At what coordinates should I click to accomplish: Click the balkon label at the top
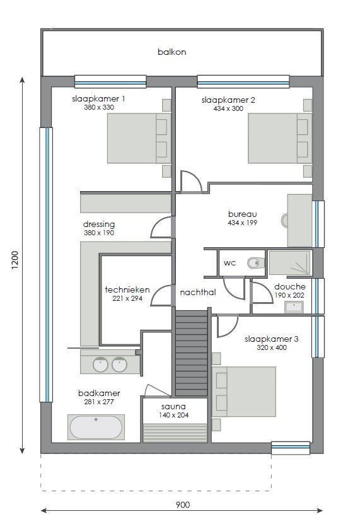pos(171,52)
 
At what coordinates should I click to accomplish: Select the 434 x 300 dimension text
pos(228,108)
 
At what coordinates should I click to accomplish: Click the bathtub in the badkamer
pos(96,427)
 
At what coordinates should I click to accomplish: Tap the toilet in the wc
pos(255,263)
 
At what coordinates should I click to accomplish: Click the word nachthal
pos(197,293)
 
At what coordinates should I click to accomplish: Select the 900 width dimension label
pos(182,505)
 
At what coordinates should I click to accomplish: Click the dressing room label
pos(99,224)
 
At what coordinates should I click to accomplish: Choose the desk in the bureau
pos(299,221)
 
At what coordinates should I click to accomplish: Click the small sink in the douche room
pos(293,307)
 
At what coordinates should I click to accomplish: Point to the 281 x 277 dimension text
pos(98,402)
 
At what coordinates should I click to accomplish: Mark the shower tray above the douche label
pos(289,263)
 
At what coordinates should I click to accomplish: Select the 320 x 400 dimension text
pos(271,347)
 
